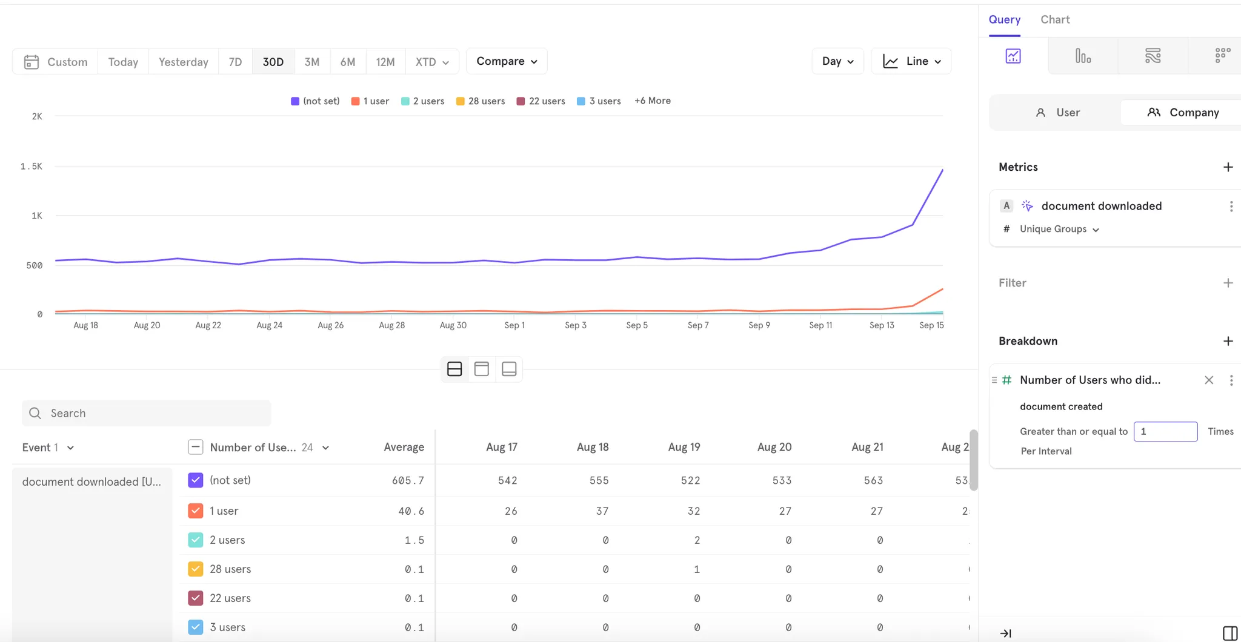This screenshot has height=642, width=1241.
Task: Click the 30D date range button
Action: (273, 62)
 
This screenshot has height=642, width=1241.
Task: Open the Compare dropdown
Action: (507, 61)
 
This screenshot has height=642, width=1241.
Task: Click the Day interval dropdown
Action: (837, 61)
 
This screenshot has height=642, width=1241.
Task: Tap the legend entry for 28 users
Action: (481, 101)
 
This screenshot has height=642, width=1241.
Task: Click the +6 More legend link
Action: (652, 101)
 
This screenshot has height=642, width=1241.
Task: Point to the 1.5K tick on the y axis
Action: (32, 166)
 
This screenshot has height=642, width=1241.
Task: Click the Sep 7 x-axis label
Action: (697, 325)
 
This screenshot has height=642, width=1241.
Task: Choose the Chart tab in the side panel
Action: (1055, 19)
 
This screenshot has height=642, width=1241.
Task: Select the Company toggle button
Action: (1182, 113)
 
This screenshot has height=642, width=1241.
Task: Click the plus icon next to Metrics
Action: (1228, 167)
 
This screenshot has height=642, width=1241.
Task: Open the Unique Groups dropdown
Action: (1059, 229)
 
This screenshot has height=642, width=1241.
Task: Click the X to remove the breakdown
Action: (1208, 380)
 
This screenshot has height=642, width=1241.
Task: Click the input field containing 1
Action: (1165, 431)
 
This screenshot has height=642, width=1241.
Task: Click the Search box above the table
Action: (147, 413)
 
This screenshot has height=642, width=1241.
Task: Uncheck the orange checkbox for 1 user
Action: (195, 511)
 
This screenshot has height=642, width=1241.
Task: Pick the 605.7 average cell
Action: (408, 480)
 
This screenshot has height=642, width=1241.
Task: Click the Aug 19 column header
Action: (684, 447)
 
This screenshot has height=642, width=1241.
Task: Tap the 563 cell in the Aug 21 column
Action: (873, 480)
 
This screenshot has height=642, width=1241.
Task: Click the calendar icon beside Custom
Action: (32, 62)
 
